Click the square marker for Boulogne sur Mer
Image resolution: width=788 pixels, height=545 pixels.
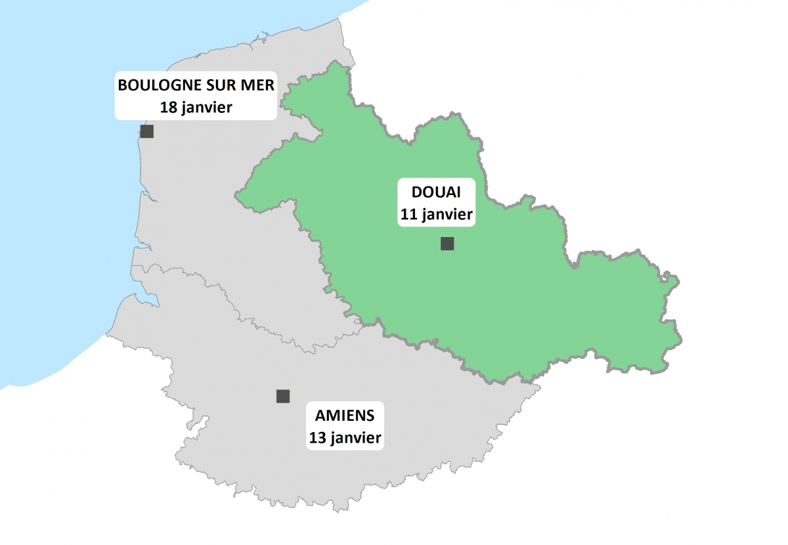[x=147, y=131]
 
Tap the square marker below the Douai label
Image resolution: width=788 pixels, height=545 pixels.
[x=447, y=244]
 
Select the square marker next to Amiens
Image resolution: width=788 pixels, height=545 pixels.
[x=283, y=396]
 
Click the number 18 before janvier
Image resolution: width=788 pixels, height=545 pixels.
[x=169, y=107]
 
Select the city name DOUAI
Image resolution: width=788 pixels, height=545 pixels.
[x=436, y=192]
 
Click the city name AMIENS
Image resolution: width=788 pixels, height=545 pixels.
[x=345, y=416]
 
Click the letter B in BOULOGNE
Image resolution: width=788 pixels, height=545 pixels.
[x=121, y=85]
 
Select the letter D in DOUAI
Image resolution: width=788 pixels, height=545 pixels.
[x=416, y=192]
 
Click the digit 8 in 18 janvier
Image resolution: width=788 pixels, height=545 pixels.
[x=173, y=107]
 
